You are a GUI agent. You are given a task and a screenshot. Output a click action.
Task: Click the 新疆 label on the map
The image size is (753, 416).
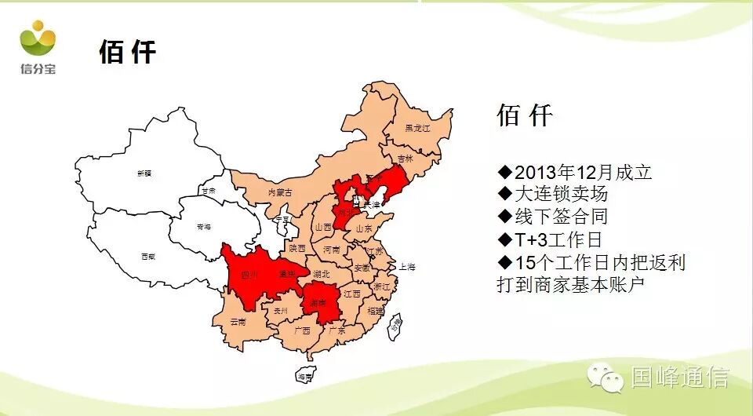(x=144, y=173)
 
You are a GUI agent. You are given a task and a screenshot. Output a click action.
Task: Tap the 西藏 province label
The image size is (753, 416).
(x=147, y=257)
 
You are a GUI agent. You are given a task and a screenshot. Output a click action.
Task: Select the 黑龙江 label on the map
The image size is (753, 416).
(x=417, y=128)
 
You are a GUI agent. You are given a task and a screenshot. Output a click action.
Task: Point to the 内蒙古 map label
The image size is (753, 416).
(x=280, y=192)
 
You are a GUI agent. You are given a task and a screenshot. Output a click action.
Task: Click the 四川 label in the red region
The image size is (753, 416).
(x=249, y=275)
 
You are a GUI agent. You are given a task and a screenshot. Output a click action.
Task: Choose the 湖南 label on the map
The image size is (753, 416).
(x=318, y=301)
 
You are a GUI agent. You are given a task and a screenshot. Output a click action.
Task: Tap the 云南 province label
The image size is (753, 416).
(x=238, y=322)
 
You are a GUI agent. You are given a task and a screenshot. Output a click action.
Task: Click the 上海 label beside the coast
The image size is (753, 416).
(x=407, y=266)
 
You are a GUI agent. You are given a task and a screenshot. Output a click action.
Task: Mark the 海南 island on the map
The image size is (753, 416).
(x=304, y=377)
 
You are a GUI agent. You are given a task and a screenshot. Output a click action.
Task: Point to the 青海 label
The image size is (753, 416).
(x=204, y=227)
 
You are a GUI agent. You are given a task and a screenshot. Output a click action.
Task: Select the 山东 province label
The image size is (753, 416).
(x=364, y=228)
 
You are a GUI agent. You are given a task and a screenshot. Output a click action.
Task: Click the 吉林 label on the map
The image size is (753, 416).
(x=405, y=158)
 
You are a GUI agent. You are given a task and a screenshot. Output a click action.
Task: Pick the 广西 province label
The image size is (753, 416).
(x=301, y=330)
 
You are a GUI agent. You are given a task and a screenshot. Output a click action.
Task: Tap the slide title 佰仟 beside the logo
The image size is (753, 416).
(x=127, y=52)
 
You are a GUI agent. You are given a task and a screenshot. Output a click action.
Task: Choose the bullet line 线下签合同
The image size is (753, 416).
(x=552, y=217)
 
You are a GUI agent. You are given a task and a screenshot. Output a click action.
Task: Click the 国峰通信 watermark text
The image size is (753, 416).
(x=679, y=378)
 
